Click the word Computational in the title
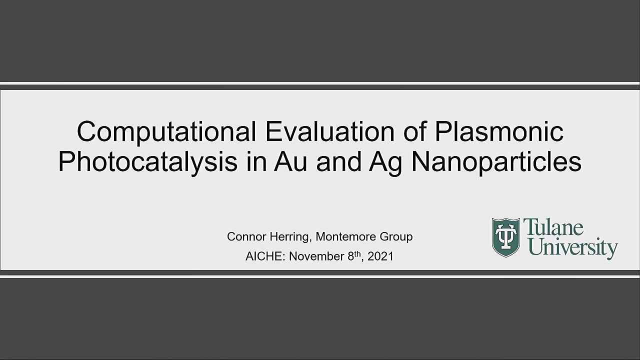coord(166,132)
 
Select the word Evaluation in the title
coord(330,131)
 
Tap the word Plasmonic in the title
coord(499,131)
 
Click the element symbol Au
coord(291,161)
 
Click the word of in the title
coord(414,131)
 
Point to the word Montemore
coord(345,236)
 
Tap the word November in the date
coord(316,256)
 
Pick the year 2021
coord(380,256)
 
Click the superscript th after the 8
coord(357,253)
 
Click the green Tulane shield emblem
coord(505,237)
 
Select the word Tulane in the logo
coord(553,227)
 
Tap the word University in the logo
coord(570,248)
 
